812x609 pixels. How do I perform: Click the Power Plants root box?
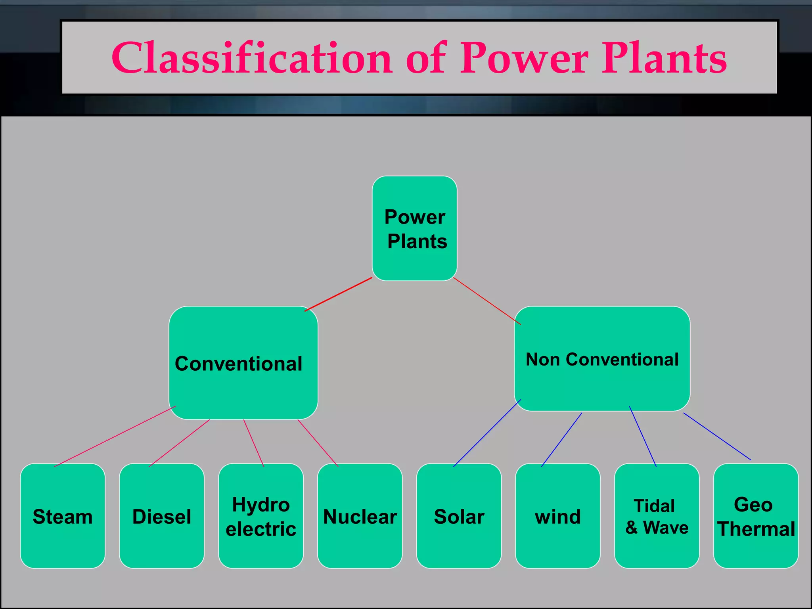tap(414, 228)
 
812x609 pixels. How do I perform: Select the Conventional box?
tap(243, 363)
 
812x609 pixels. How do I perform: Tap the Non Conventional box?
tap(602, 359)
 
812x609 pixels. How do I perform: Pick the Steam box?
tap(63, 516)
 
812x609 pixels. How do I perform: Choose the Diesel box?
tap(162, 516)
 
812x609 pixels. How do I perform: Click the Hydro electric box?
tap(261, 516)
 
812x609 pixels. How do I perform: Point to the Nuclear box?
tap(360, 516)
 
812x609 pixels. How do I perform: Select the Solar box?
tap(459, 516)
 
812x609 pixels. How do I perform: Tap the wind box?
tap(557, 516)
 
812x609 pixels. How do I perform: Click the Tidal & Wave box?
tap(657, 516)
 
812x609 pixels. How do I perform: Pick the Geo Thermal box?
tap(756, 516)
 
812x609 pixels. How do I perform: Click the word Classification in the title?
tap(252, 58)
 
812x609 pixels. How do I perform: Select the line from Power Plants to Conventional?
tap(338, 294)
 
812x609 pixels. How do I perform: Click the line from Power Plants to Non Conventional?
tap(487, 301)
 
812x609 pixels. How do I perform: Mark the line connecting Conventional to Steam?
tap(115, 436)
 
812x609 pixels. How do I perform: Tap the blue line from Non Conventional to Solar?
tap(487, 433)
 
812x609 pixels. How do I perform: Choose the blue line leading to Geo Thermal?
tap(717, 436)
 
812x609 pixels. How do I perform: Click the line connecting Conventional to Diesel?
tap(179, 443)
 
